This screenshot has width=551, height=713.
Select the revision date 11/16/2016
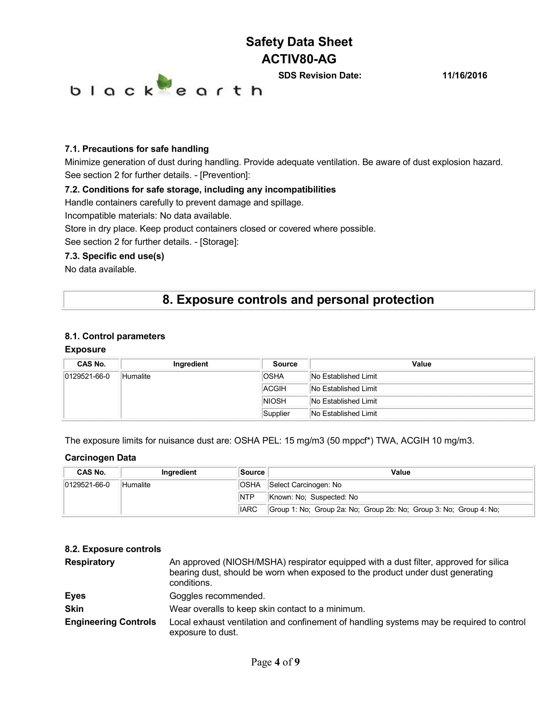click(464, 75)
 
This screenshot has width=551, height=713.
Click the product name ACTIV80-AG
click(299, 59)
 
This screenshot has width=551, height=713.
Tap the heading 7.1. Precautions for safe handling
click(137, 149)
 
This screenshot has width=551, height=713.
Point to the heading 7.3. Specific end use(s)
click(114, 256)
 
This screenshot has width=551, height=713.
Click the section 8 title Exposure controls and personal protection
click(298, 299)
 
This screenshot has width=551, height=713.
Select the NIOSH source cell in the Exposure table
click(275, 401)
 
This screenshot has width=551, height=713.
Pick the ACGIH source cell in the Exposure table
click(275, 388)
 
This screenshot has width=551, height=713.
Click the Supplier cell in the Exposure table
click(276, 413)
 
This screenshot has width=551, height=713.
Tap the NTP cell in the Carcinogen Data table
click(247, 497)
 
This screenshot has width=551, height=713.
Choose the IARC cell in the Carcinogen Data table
click(248, 509)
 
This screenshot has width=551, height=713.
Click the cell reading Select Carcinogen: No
click(305, 485)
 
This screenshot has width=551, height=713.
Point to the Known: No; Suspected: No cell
click(313, 497)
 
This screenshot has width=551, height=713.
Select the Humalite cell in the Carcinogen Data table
click(136, 485)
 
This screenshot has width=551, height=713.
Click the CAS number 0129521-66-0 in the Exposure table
click(87, 376)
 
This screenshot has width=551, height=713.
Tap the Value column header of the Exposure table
click(421, 364)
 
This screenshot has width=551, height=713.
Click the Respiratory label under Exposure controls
click(90, 562)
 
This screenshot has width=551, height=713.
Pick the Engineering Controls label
click(110, 622)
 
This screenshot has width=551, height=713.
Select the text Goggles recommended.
click(217, 596)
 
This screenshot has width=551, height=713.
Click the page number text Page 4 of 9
click(275, 662)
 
